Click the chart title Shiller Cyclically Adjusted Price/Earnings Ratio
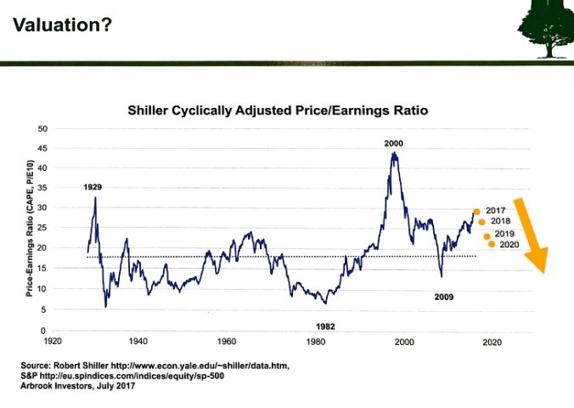(278, 110)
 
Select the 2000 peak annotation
(393, 144)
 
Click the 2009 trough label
(443, 297)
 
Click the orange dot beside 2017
(477, 212)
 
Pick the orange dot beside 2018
(481, 222)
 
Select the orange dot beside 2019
(487, 236)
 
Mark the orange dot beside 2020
(492, 245)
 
